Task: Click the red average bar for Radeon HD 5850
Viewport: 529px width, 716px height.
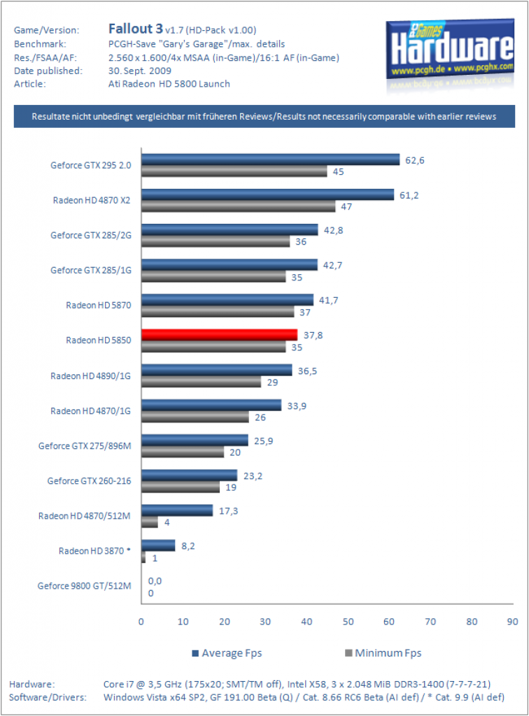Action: click(x=219, y=335)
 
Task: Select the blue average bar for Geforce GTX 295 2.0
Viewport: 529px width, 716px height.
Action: click(x=270, y=159)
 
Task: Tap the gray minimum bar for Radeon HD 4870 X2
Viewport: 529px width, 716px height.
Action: click(x=239, y=206)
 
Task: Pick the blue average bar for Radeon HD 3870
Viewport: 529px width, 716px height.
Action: click(x=158, y=545)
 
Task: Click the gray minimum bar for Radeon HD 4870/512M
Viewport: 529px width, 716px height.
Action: click(x=149, y=522)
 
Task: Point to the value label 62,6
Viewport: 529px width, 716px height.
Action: click(x=415, y=160)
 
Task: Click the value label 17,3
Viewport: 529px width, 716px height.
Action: click(x=228, y=511)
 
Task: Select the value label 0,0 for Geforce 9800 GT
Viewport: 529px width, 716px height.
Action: click(x=155, y=581)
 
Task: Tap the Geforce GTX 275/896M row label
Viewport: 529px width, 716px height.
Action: click(x=85, y=445)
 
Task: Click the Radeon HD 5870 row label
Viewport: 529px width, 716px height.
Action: click(x=98, y=305)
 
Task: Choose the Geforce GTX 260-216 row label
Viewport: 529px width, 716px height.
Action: click(x=89, y=481)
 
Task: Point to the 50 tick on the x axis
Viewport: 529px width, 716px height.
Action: click(x=348, y=622)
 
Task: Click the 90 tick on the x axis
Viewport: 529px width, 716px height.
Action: click(x=512, y=622)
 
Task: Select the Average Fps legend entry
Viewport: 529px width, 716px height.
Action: click(x=227, y=653)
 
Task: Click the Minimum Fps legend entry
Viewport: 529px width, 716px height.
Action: click(x=383, y=653)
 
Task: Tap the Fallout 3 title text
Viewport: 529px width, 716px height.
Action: click(x=135, y=29)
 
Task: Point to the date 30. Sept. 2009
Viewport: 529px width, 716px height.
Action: click(x=140, y=71)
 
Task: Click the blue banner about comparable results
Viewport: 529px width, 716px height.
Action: click(x=264, y=117)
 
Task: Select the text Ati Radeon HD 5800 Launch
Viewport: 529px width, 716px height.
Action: click(x=169, y=84)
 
